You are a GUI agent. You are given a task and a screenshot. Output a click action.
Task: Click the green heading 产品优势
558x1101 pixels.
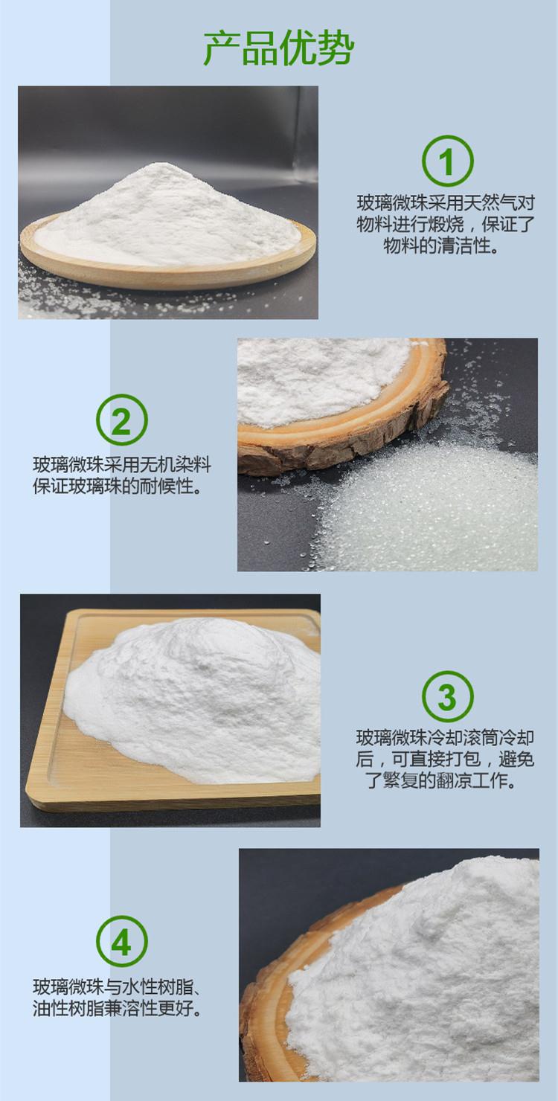[279, 48]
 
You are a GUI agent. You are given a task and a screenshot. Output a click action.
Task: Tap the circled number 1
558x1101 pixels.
[447, 161]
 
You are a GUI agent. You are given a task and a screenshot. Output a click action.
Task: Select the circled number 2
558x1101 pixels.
[121, 420]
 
